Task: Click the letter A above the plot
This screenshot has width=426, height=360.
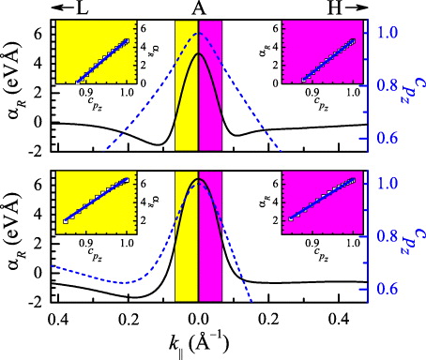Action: tap(199, 7)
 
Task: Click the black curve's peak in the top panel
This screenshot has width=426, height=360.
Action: tap(199, 54)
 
